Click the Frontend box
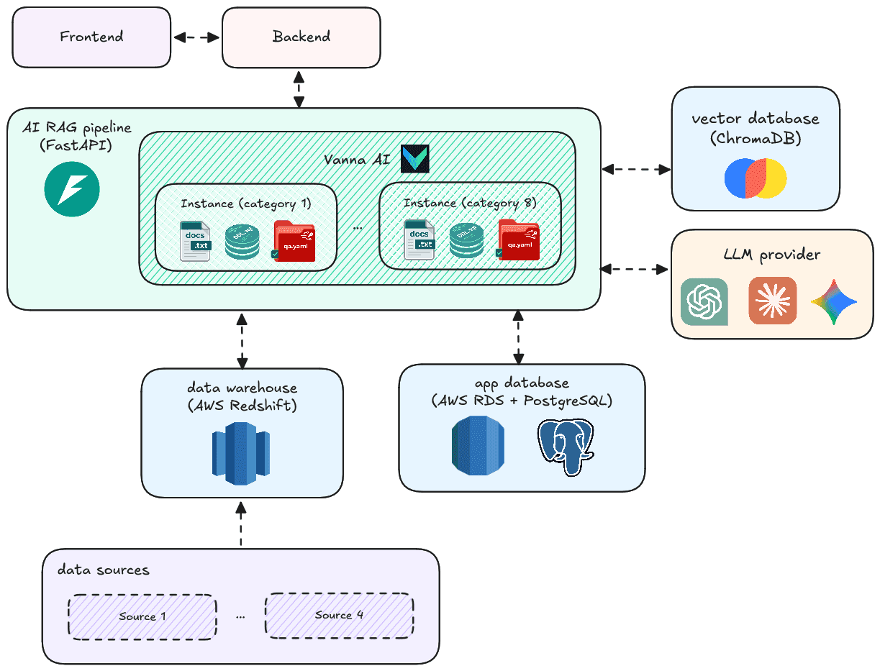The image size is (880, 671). (91, 37)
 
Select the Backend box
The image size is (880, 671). (301, 37)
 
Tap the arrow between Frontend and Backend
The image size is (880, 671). (196, 37)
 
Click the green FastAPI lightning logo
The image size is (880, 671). (72, 190)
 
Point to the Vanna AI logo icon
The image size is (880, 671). (415, 158)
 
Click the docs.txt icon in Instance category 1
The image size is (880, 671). (194, 241)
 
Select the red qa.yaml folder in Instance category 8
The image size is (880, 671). (519, 239)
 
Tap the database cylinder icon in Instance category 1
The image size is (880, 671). (242, 242)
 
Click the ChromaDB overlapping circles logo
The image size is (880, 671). (756, 178)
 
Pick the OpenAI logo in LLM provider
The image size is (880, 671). (704, 301)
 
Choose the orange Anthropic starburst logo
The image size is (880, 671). (772, 301)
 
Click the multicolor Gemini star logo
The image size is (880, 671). (834, 301)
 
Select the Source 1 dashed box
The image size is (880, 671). (142, 616)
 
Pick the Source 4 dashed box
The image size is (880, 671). (339, 615)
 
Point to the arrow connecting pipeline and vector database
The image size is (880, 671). (636, 170)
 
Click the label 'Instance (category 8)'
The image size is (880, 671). (470, 204)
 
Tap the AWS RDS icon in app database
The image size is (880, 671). (478, 446)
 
